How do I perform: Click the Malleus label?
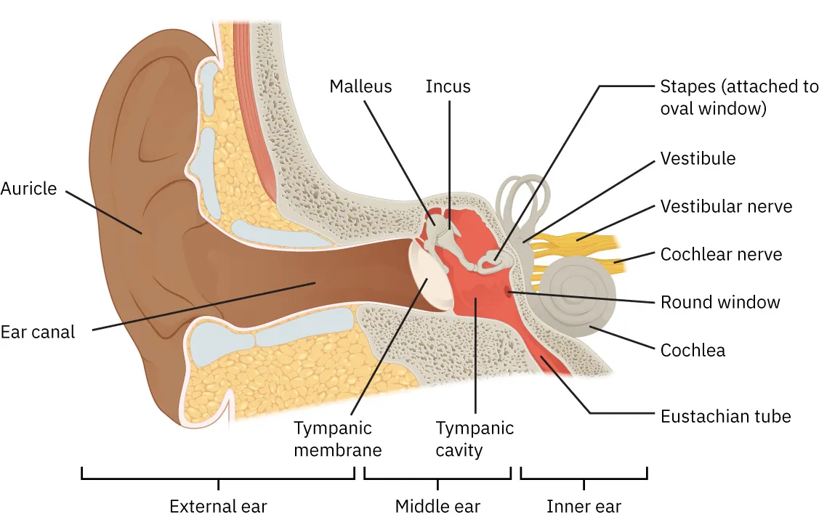[360, 86]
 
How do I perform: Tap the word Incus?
[448, 86]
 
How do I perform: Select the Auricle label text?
[28, 189]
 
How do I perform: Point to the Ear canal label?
[38, 333]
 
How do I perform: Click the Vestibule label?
[698, 158]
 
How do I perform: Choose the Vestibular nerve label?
[726, 206]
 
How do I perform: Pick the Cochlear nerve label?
[721, 254]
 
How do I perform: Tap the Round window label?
[719, 302]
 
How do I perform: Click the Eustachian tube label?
[725, 417]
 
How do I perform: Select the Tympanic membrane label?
[338, 439]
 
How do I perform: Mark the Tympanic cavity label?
[475, 439]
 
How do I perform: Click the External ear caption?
[218, 506]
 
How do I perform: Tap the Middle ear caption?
[437, 506]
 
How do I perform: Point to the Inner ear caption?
[584, 506]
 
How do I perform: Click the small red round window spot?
[508, 292]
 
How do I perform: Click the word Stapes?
[682, 87]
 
